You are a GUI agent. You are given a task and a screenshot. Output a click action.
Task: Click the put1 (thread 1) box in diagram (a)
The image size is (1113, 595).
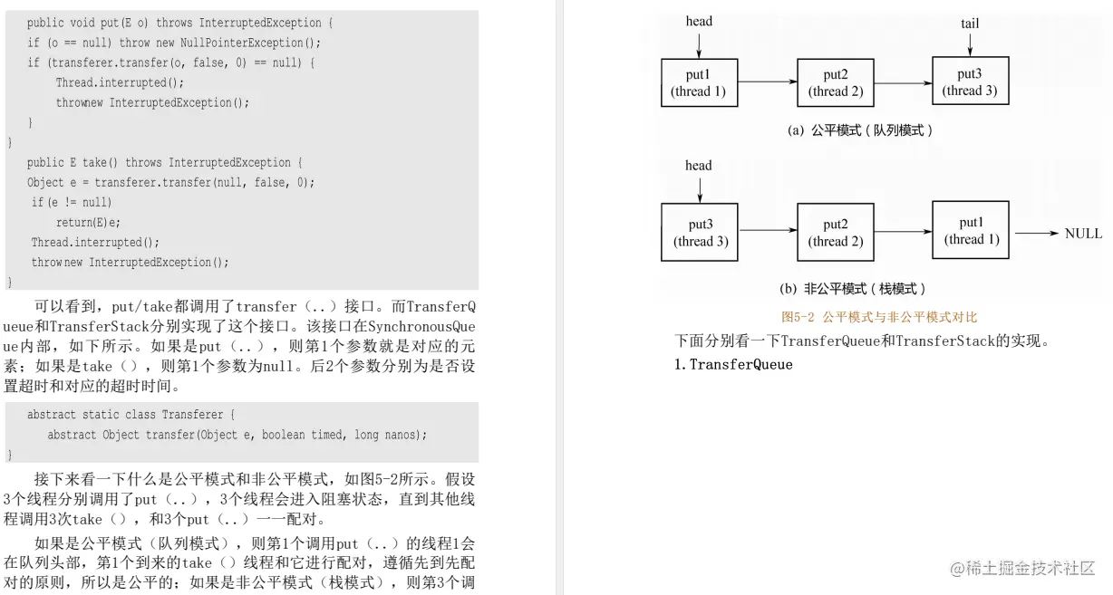pos(699,82)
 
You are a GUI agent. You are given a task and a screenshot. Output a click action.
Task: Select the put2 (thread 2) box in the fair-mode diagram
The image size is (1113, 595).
pos(836,82)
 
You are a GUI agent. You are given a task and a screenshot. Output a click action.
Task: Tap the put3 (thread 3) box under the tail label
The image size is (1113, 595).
pos(970,82)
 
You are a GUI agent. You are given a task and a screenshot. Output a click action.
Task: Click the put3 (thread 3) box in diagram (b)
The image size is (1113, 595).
pos(700,233)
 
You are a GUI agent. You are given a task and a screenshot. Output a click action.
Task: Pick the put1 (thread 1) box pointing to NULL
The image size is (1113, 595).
pos(971,231)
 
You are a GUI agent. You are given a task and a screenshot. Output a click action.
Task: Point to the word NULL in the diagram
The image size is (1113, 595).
pos(1083,234)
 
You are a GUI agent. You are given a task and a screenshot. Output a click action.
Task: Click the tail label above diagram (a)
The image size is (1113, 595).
pos(970,24)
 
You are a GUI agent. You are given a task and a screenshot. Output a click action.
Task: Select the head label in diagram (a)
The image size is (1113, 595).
pos(699,21)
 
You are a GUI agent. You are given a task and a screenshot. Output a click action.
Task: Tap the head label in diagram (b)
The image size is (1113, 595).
pos(699,166)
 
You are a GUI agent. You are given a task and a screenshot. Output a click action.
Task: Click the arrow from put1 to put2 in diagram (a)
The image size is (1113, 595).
pos(768,82)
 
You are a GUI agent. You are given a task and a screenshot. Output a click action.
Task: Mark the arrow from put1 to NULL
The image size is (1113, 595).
pos(1035,234)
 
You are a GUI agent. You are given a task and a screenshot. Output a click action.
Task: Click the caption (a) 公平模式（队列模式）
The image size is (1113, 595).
pos(859,130)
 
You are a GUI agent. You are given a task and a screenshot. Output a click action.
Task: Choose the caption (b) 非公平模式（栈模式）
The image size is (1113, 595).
pos(852,289)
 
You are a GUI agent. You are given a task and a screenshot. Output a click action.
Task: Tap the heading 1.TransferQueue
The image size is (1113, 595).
pos(733,365)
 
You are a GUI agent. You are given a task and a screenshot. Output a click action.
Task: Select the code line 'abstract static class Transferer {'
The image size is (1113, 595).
pos(131,415)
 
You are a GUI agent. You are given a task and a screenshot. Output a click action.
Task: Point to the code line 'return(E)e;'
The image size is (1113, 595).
pos(88,223)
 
